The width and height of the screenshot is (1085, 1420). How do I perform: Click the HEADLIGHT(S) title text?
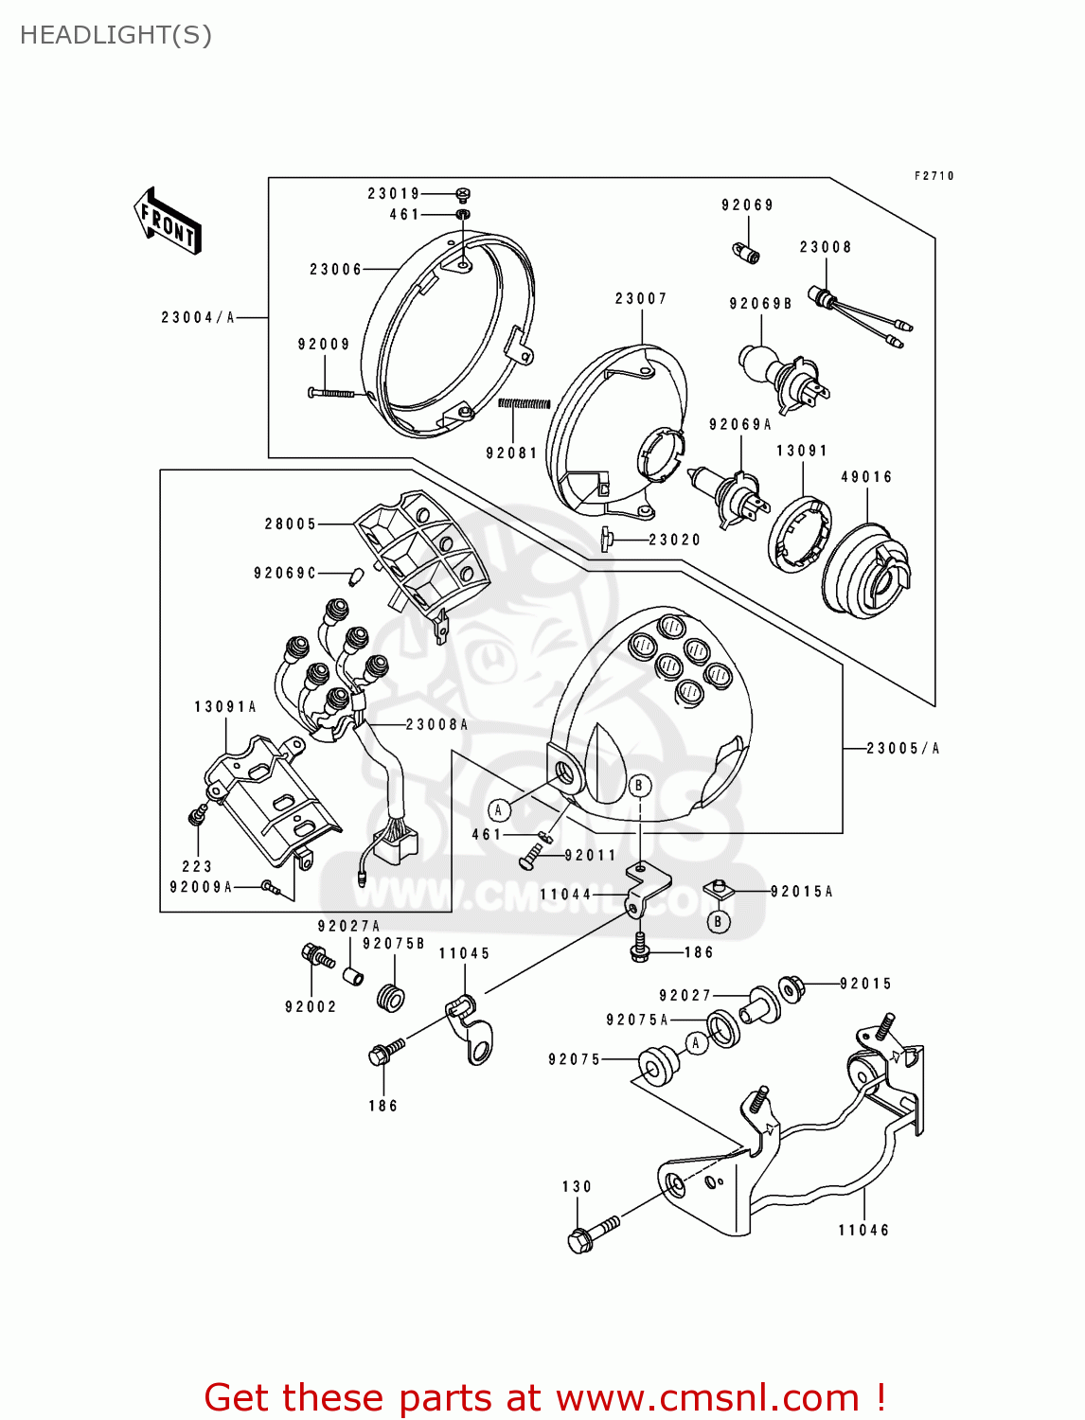pos(116,35)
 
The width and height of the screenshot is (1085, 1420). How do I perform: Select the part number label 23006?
pos(336,270)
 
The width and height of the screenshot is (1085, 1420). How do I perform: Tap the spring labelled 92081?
pos(524,404)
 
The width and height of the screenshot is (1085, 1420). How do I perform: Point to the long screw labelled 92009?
pos(330,392)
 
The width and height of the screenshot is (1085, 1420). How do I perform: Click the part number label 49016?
pos(866,477)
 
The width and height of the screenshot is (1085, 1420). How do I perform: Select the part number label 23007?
pos(641,299)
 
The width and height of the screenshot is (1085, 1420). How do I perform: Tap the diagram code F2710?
pos(934,176)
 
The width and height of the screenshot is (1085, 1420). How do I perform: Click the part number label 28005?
pos(291,524)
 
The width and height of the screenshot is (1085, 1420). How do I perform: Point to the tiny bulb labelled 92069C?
pos(358,575)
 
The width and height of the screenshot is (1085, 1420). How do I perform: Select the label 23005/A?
pos(903,749)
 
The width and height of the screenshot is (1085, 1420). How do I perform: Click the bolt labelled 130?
pos(591,1233)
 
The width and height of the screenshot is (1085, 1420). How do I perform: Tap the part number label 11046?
pos(863,1230)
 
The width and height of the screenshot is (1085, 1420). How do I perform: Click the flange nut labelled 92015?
pos(792,988)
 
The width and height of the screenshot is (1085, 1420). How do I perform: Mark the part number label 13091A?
pos(225,707)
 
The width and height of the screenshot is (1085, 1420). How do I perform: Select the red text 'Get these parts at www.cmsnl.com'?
pos(544,1398)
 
